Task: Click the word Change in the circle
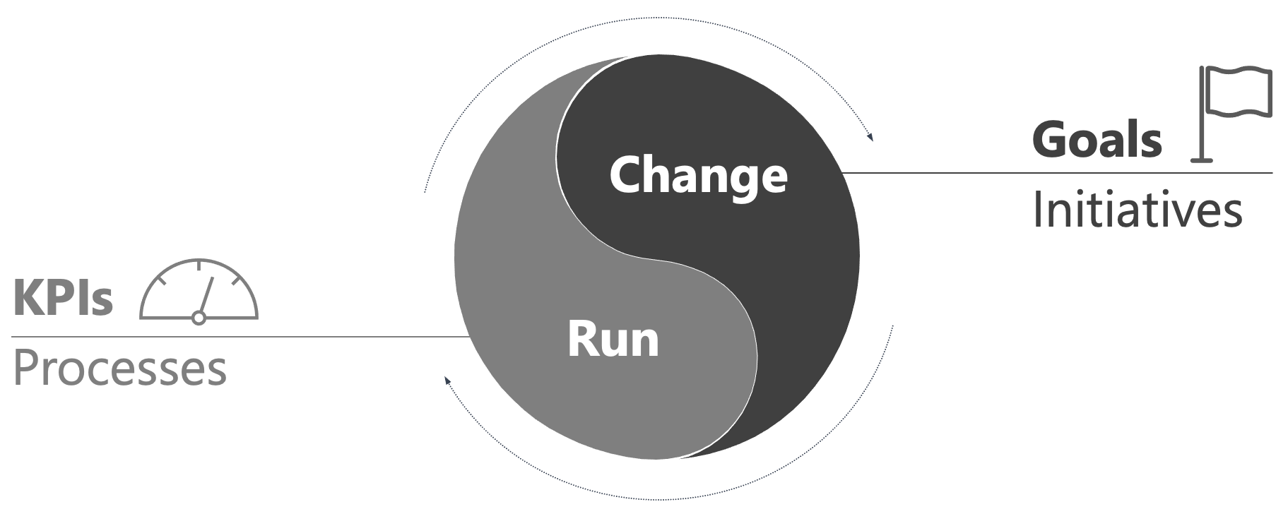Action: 698,175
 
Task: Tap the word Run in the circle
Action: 613,340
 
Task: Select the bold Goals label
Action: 1097,139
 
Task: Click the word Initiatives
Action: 1137,210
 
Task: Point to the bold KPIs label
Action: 63,298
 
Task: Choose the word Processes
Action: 119,368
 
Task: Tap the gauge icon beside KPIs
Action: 199,291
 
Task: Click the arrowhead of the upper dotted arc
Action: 870,137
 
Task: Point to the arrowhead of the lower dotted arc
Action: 447,381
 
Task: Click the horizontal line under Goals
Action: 1060,172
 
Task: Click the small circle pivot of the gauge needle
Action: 199,318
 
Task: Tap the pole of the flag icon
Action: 1202,116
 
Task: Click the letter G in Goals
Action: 1049,140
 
